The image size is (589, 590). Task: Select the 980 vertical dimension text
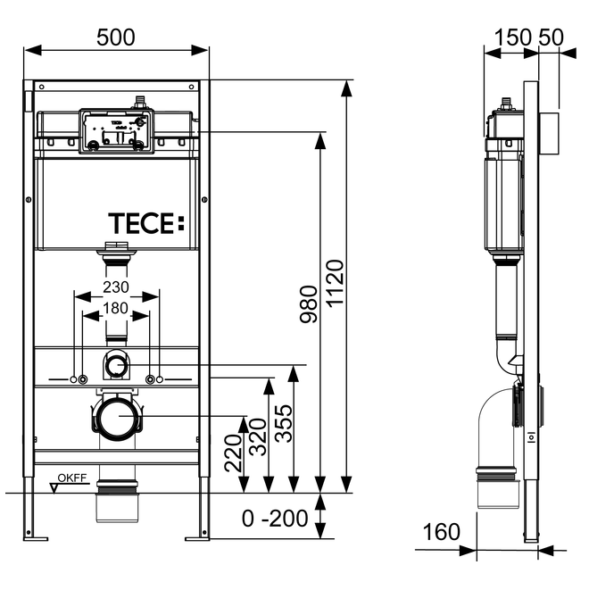308,306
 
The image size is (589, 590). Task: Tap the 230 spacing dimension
117,287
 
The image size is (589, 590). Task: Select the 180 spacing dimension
116,310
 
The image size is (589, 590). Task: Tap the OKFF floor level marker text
72,479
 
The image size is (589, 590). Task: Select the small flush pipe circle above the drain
116,363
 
